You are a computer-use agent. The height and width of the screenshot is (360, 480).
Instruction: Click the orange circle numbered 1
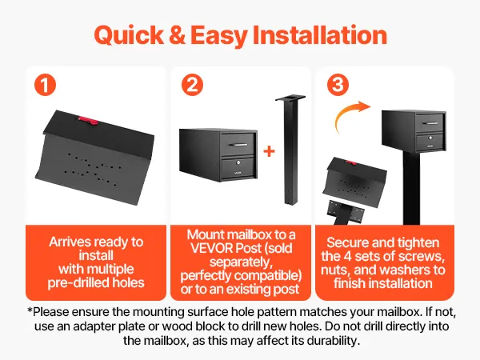click(x=45, y=85)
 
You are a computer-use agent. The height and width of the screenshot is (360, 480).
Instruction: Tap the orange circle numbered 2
click(x=192, y=85)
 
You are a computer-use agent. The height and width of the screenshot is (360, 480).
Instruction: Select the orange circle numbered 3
click(x=338, y=85)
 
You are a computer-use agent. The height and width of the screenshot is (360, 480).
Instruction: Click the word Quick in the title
click(x=129, y=35)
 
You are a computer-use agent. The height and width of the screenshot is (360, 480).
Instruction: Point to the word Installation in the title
click(x=320, y=35)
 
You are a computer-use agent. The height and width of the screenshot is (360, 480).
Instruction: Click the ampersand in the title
click(x=178, y=35)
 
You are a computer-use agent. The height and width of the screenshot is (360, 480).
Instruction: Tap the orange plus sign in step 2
click(x=269, y=151)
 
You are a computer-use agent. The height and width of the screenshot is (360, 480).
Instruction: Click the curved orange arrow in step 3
click(x=349, y=116)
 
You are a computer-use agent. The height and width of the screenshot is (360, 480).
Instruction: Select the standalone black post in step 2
click(x=290, y=150)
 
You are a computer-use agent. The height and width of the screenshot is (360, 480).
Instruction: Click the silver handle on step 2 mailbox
click(x=238, y=145)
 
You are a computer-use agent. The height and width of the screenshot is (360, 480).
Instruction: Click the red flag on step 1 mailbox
click(x=89, y=120)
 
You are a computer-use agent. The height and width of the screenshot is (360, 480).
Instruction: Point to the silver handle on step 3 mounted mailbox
click(x=430, y=123)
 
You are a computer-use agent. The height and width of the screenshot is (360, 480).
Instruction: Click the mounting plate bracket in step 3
click(x=345, y=209)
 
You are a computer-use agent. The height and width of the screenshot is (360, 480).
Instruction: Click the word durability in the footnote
click(x=333, y=341)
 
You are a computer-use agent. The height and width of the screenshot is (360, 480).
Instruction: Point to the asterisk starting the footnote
click(x=30, y=310)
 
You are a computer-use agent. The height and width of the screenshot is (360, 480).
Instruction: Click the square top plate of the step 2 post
click(x=290, y=98)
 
